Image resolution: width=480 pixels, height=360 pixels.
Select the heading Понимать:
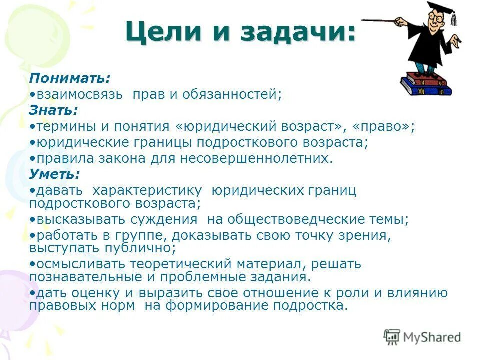69,78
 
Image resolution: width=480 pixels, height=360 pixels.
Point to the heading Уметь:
54,174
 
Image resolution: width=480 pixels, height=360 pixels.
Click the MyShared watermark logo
422,337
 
